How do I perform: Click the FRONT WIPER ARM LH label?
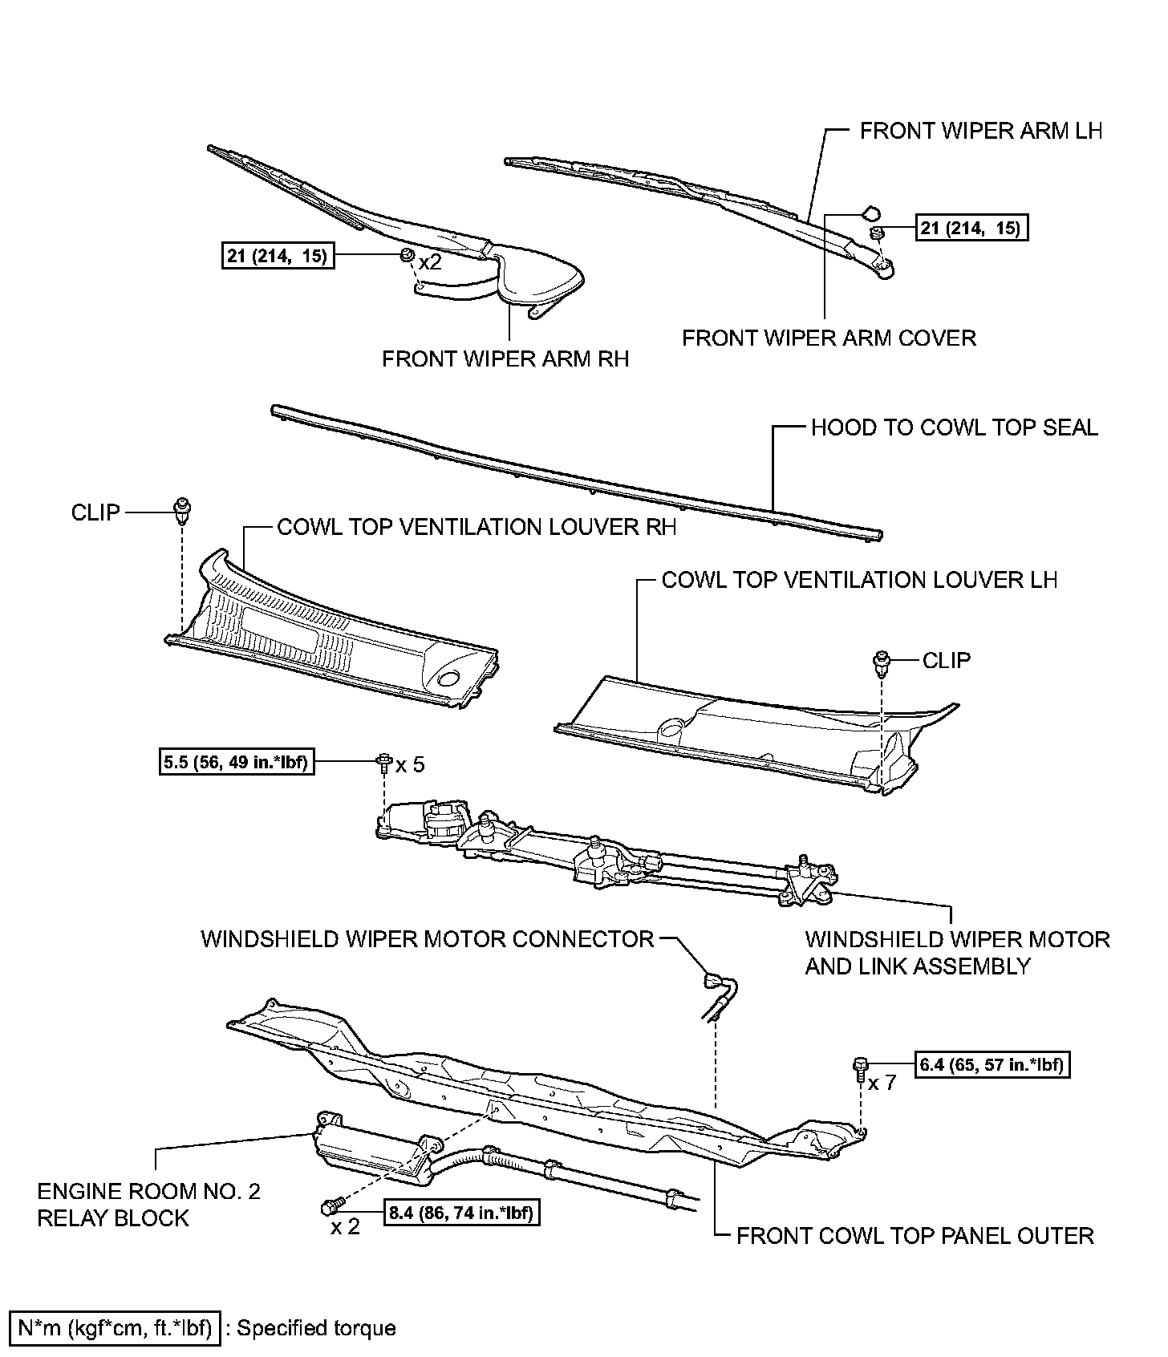pyautogui.click(x=980, y=131)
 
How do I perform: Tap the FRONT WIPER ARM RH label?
pyautogui.click(x=505, y=358)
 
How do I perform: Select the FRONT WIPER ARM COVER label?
pyautogui.click(x=829, y=338)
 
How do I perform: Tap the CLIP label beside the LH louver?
pyautogui.click(x=947, y=660)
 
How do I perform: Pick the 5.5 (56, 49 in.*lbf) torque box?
pyautogui.click(x=236, y=762)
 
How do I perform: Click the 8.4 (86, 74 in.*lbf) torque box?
pyautogui.click(x=461, y=1212)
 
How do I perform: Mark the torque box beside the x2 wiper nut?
pyautogui.click(x=278, y=256)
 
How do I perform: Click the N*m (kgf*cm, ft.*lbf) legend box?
pyautogui.click(x=114, y=1328)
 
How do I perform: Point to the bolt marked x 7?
pyautogui.click(x=859, y=1067)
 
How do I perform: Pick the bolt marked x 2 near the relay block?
pyautogui.click(x=331, y=1206)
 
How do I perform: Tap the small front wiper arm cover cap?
pyautogui.click(x=870, y=213)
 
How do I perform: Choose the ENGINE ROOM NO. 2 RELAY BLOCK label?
pyautogui.click(x=149, y=1204)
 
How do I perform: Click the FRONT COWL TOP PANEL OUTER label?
pyautogui.click(x=915, y=1235)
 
